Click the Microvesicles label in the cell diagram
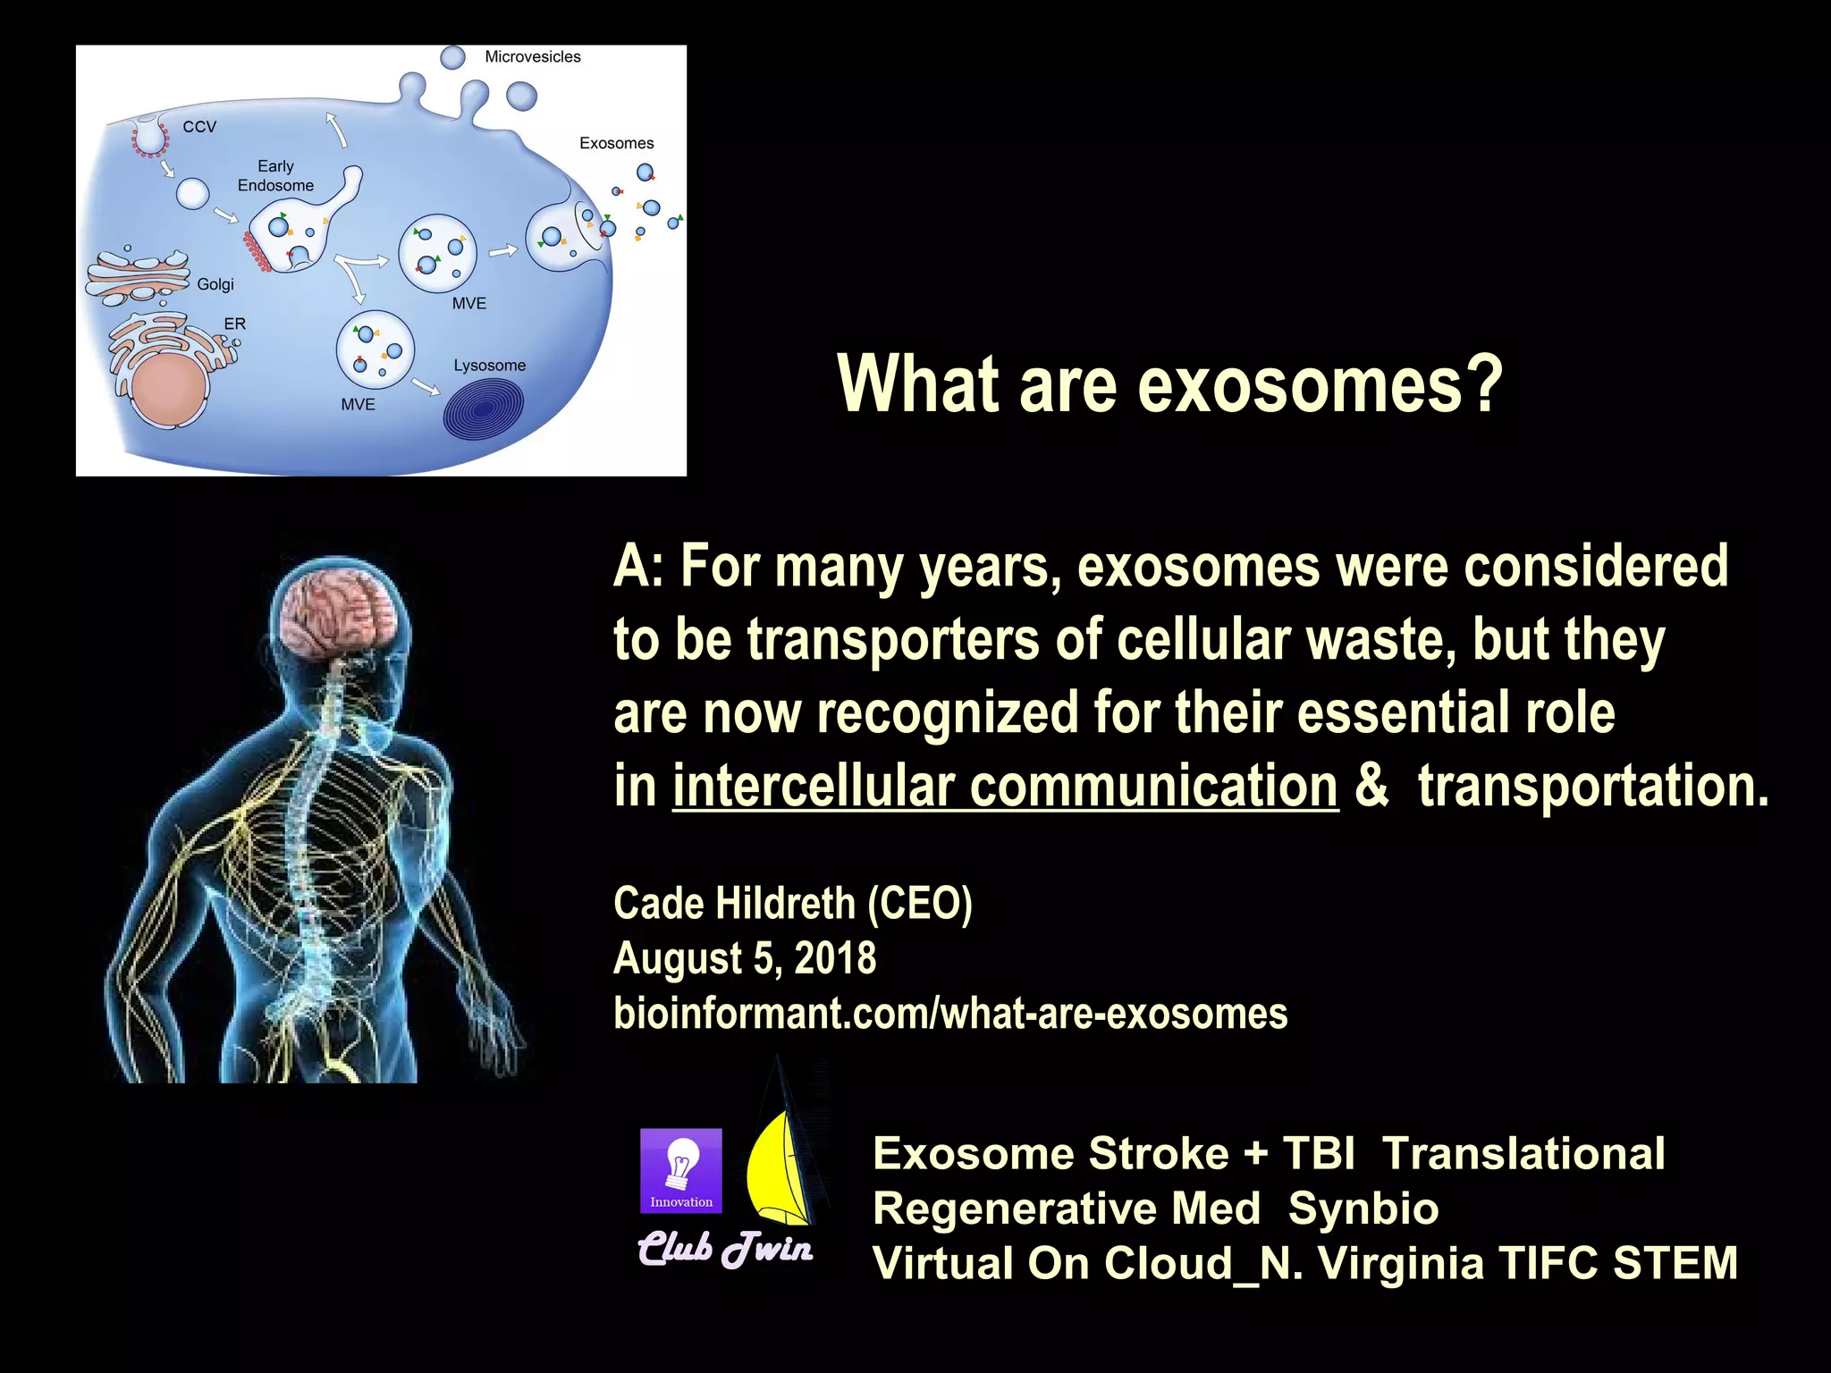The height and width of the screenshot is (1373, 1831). point(532,56)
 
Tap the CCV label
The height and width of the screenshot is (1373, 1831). point(199,127)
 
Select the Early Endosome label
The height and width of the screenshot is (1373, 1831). point(275,176)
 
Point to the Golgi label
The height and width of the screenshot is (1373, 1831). point(215,284)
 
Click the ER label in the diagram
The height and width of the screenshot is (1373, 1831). point(234,324)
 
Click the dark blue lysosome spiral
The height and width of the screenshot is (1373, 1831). point(484,409)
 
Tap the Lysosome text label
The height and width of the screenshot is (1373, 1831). point(489,366)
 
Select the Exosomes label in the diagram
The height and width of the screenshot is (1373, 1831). point(616,143)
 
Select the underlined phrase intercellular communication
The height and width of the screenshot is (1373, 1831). point(1005,787)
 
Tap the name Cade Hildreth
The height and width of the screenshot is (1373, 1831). point(733,903)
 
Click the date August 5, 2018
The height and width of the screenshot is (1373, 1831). point(744,958)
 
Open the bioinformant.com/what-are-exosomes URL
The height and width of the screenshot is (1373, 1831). point(949,1014)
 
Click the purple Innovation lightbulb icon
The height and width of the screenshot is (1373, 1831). point(681,1170)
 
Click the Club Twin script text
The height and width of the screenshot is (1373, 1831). point(725,1249)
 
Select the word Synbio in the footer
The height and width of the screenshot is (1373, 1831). point(1363,1209)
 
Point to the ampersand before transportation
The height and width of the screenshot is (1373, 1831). point(1371,787)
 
